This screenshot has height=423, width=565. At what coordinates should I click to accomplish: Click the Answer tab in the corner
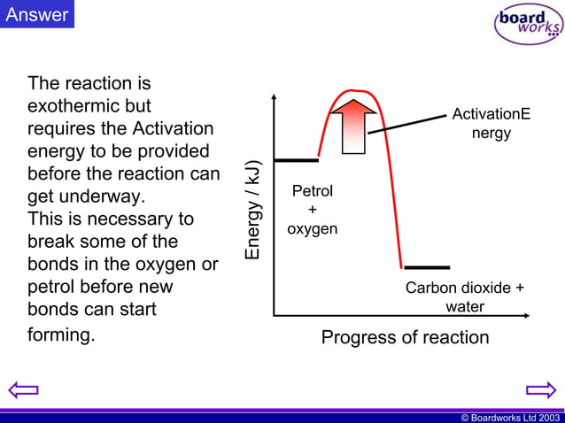tap(36, 14)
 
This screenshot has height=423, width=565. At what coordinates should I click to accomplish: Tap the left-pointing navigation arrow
tap(24, 389)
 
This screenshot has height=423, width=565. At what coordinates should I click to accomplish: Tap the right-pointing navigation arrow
tap(539, 389)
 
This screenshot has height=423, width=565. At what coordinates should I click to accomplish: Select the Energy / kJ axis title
tap(254, 211)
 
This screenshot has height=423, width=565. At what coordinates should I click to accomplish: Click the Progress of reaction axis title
tap(405, 337)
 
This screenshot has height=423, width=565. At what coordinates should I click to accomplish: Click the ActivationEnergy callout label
tap(491, 124)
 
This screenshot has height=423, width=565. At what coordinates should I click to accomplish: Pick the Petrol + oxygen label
tap(312, 210)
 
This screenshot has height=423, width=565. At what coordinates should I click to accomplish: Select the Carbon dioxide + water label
tap(464, 297)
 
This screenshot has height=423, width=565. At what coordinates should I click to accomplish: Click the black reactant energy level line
tap(296, 160)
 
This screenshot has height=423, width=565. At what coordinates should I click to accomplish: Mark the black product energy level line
tap(427, 266)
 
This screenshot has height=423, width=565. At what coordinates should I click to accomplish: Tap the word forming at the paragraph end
tap(60, 335)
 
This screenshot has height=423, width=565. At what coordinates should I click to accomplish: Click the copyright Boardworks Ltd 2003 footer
tap(510, 417)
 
